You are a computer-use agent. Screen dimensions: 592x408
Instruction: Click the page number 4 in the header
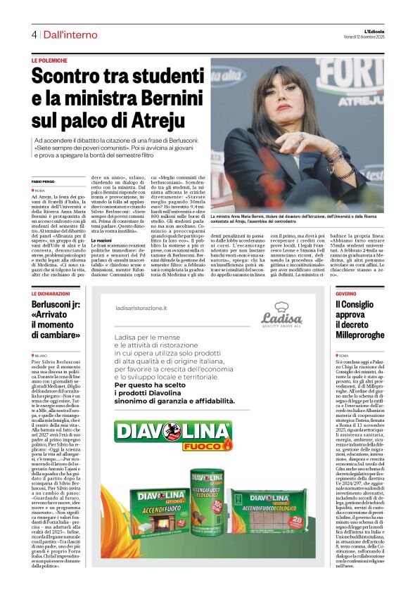[x=33, y=34]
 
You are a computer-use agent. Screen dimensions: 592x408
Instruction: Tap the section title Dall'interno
[x=70, y=34]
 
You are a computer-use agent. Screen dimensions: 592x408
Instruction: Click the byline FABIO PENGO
[x=43, y=182]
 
